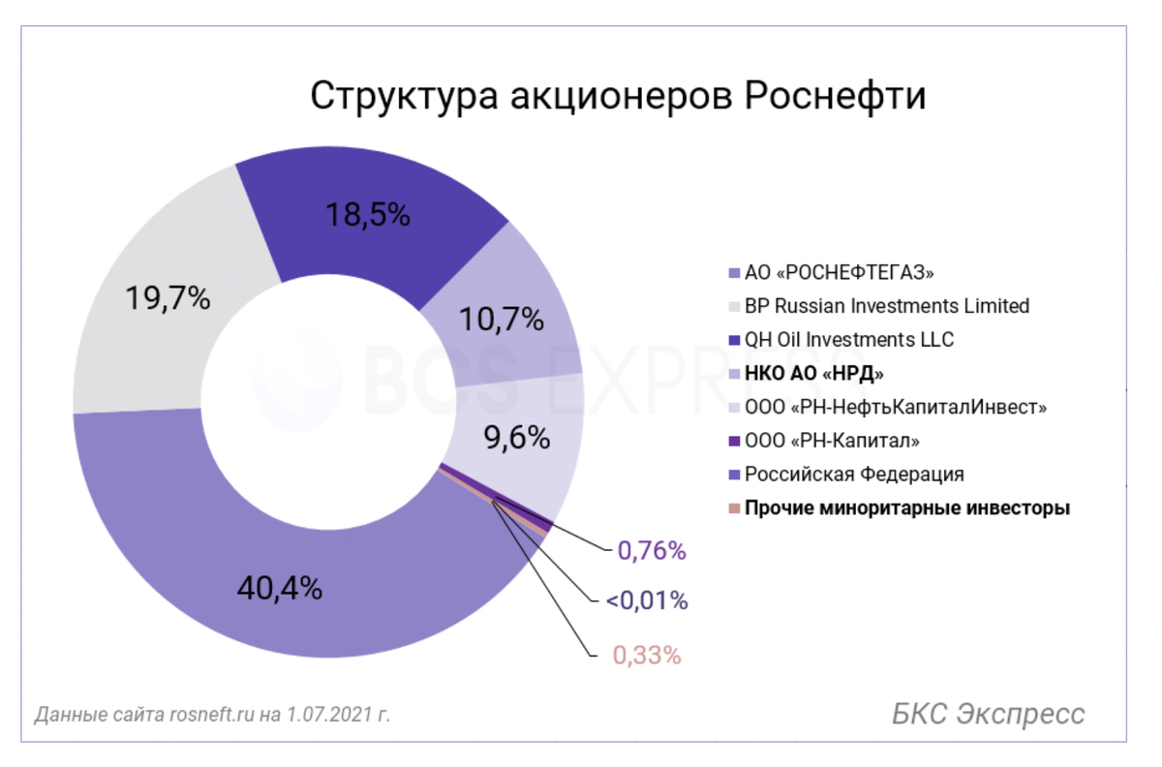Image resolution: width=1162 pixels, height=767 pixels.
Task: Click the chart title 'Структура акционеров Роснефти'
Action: pyautogui.click(x=618, y=98)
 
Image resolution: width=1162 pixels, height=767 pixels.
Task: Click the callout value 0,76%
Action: pyautogui.click(x=651, y=551)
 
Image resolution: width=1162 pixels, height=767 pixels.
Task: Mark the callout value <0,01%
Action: pyautogui.click(x=647, y=600)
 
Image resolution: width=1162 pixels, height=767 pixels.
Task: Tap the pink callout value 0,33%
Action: pyautogui.click(x=647, y=655)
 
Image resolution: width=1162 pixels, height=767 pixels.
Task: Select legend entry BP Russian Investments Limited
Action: pyautogui.click(x=886, y=306)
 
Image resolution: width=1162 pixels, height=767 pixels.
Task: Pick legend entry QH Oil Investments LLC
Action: pyautogui.click(x=848, y=340)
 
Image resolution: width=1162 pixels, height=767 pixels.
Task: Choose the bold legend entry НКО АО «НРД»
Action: pyautogui.click(x=814, y=373)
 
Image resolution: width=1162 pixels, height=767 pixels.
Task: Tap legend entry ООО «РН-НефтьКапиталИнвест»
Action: pyautogui.click(x=896, y=407)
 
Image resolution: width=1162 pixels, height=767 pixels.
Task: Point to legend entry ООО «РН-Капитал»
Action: pyautogui.click(x=832, y=441)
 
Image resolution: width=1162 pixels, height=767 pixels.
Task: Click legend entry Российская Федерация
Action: pyautogui.click(x=854, y=475)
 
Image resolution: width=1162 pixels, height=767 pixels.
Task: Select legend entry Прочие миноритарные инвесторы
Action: pyautogui.click(x=906, y=508)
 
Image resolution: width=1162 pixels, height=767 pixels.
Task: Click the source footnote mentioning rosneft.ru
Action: pyautogui.click(x=212, y=716)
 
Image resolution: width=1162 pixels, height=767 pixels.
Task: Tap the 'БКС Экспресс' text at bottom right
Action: pyautogui.click(x=988, y=715)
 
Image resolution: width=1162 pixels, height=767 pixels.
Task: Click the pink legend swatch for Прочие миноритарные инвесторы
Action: pyautogui.click(x=733, y=508)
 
